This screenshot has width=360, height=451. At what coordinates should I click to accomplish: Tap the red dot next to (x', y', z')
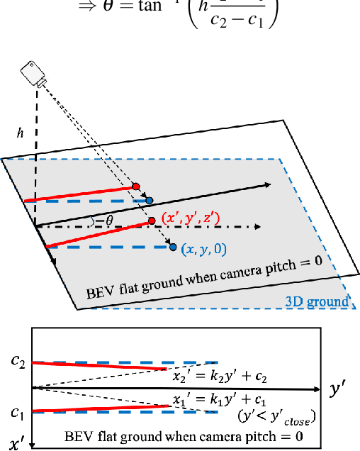(x=152, y=221)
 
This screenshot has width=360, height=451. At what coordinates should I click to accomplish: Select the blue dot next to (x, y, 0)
(x=172, y=247)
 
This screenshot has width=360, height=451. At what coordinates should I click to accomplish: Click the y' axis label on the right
(x=339, y=389)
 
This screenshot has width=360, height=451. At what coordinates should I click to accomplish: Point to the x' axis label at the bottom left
(x=17, y=440)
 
